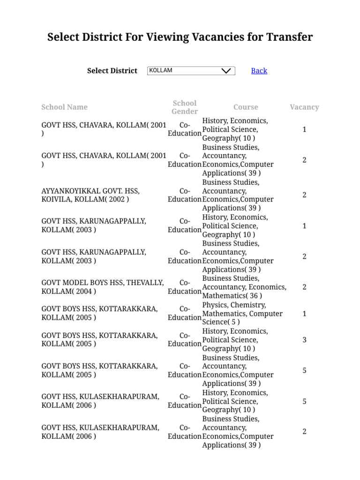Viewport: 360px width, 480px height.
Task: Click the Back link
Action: point(259,71)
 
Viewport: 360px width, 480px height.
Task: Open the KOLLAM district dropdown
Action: point(191,71)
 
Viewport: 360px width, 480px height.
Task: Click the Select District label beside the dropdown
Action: point(112,71)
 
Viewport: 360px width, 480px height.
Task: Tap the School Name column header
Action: point(64,107)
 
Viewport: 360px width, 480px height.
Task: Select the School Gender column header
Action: point(185,107)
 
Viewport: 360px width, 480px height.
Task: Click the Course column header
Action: point(246,107)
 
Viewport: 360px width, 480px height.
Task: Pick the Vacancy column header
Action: point(304,107)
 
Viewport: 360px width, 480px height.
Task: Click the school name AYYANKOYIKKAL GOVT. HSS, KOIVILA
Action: point(90,195)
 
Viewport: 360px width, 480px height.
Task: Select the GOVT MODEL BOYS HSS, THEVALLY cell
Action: point(103,287)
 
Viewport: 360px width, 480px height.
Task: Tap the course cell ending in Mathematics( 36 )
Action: point(244,287)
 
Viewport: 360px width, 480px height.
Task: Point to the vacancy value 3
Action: point(304,340)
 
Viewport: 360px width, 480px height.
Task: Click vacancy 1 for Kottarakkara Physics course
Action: point(304,314)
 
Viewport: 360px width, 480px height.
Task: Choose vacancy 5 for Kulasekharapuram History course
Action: point(304,401)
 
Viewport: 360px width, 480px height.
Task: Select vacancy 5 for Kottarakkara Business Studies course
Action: point(304,370)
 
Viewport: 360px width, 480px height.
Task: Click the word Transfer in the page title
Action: point(288,37)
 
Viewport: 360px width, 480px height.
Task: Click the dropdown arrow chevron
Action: point(226,71)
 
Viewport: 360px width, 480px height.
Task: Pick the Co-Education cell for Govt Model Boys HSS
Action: point(185,287)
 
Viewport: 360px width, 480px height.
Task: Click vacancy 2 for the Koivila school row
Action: point(304,195)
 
